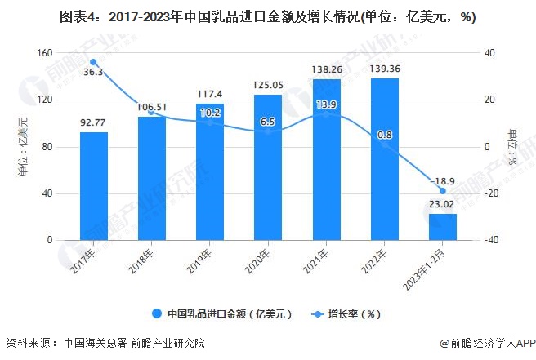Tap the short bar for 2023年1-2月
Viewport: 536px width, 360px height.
click(443, 227)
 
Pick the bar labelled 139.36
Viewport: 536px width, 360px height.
click(385, 159)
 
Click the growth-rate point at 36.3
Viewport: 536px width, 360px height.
click(93, 62)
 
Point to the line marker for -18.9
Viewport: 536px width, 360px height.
click(443, 191)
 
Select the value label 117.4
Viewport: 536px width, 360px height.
click(210, 94)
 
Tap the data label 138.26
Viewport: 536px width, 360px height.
click(326, 69)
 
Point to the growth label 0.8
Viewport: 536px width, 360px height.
click(385, 135)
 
